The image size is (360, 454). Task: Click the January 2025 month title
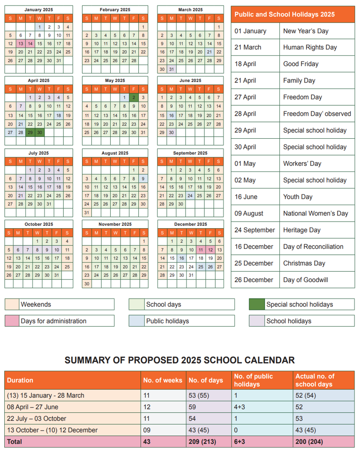[39, 9]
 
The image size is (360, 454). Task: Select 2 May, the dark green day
[134, 98]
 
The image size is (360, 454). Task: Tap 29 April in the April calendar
[30, 133]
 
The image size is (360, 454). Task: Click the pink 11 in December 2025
[200, 250]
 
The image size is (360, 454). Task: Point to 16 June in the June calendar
[172, 115]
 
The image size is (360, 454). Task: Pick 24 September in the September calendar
[190, 195]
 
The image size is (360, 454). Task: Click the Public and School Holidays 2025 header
[285, 15]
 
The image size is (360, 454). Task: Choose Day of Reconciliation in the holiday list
[313, 247]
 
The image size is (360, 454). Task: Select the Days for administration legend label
[53, 321]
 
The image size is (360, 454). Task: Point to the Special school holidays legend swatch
[256, 305]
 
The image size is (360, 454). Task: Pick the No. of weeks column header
[162, 380]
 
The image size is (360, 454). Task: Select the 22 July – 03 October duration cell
[37, 418]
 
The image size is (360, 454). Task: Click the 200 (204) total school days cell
[309, 441]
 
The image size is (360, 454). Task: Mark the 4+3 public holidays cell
[240, 407]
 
